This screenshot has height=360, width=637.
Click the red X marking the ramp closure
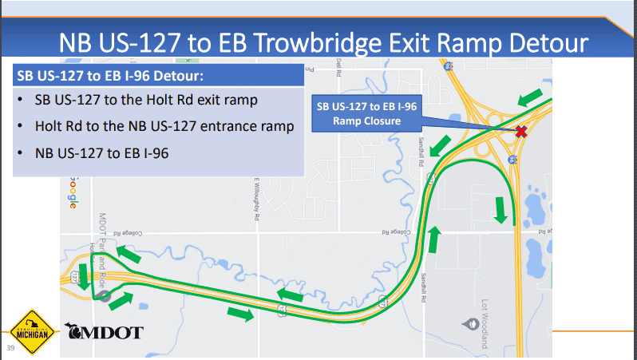point(521,132)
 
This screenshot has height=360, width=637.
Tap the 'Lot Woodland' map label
point(485,324)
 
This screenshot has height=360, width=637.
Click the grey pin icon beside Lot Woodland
point(469,324)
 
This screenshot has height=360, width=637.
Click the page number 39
point(11,349)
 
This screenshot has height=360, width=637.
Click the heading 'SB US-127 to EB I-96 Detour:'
point(111,78)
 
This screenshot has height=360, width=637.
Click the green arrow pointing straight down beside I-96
point(500,209)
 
